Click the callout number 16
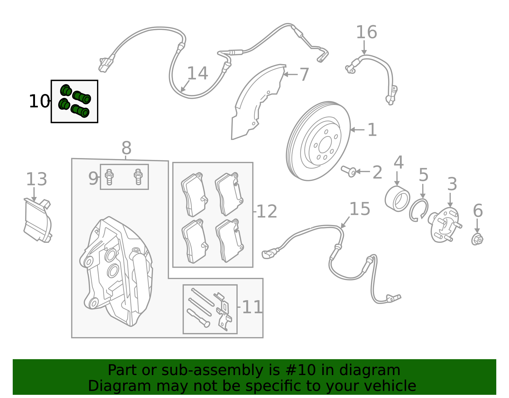coord(366,33)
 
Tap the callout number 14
coord(197,74)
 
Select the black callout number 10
coord(39,102)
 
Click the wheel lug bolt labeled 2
coord(349,171)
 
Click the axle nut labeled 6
coord(477,239)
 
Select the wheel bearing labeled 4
coord(397,199)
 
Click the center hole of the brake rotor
coord(325,145)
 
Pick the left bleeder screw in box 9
coord(109,177)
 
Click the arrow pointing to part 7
coord(290,75)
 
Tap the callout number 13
coord(36,179)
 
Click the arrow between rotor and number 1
coord(357,130)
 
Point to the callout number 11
coord(252,308)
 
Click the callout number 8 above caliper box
coord(126,148)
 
